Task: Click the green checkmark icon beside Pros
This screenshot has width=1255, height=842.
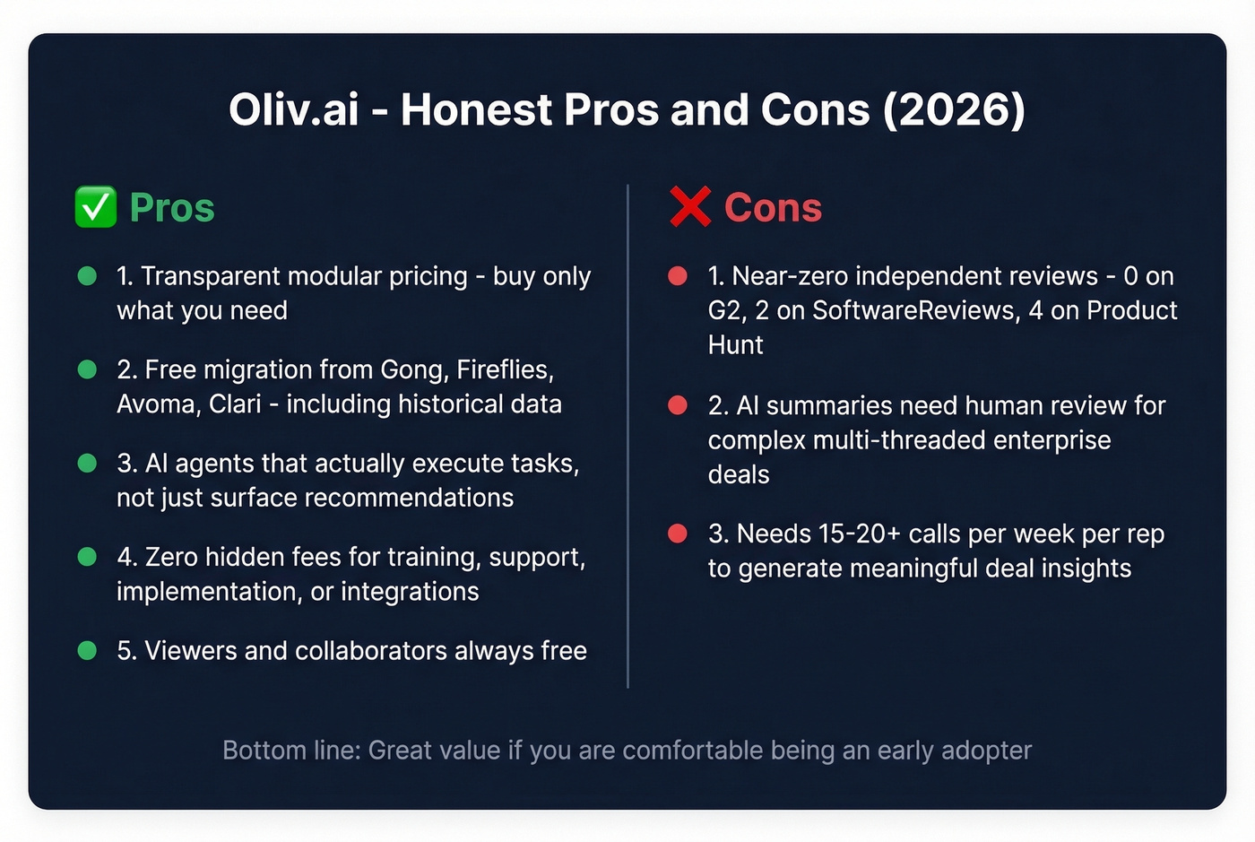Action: [96, 207]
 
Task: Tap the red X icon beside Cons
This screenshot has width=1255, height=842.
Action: [690, 207]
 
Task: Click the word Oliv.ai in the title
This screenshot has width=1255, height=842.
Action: [293, 110]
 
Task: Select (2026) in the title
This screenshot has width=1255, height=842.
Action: [954, 110]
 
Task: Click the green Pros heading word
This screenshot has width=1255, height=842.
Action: [172, 208]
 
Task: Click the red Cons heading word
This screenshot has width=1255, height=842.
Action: [773, 208]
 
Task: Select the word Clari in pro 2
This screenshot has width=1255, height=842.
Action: [235, 404]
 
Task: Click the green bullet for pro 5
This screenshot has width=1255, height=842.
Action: [87, 651]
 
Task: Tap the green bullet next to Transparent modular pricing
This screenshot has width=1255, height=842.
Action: [87, 276]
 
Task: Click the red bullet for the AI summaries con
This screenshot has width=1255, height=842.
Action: [678, 405]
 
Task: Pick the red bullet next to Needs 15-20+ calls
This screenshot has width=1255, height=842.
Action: [678, 534]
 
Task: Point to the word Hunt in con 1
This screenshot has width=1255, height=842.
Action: [735, 345]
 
